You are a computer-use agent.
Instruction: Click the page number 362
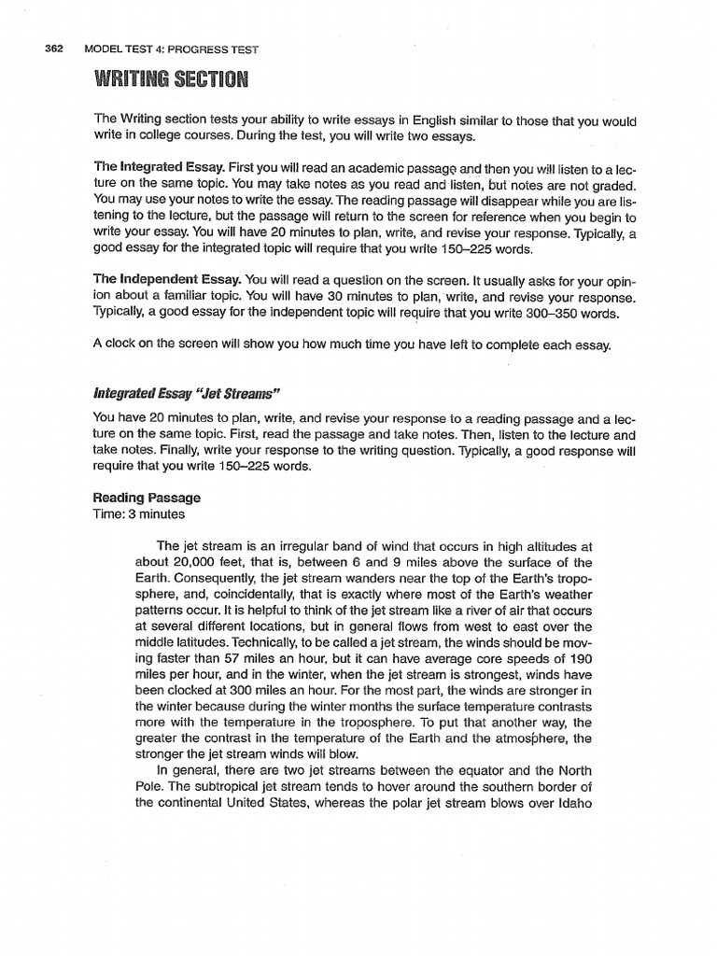(49, 49)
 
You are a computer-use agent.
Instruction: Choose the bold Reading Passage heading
(147, 499)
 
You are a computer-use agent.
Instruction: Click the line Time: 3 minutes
(139, 514)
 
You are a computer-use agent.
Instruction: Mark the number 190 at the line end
(579, 659)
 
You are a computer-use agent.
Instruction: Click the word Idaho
(571, 805)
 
